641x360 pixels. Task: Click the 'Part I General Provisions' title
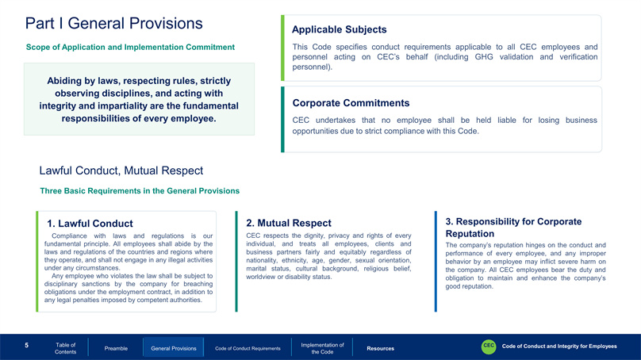tap(113, 24)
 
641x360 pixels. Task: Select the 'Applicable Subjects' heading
tap(339, 29)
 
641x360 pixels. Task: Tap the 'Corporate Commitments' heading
tap(351, 103)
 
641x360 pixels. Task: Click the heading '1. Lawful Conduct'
tap(90, 224)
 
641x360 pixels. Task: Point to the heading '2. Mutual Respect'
tap(289, 223)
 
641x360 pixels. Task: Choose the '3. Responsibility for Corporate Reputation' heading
tap(513, 228)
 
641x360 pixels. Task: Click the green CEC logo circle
tap(489, 347)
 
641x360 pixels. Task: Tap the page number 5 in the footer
tap(26, 346)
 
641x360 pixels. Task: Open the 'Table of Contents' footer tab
tap(65, 348)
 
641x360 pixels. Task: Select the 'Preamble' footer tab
tap(116, 349)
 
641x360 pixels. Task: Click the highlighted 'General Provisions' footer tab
tap(173, 348)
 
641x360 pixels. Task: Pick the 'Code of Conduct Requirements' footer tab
tap(248, 349)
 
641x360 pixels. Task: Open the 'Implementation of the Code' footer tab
tap(322, 348)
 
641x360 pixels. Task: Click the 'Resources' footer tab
tap(380, 349)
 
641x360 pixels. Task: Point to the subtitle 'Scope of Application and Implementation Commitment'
tap(130, 48)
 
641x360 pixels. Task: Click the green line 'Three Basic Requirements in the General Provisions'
tap(140, 191)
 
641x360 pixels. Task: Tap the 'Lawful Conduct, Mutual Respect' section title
tap(121, 170)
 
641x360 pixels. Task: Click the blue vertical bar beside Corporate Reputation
tap(436, 262)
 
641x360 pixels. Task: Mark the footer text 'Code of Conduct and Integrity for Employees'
tap(559, 346)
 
